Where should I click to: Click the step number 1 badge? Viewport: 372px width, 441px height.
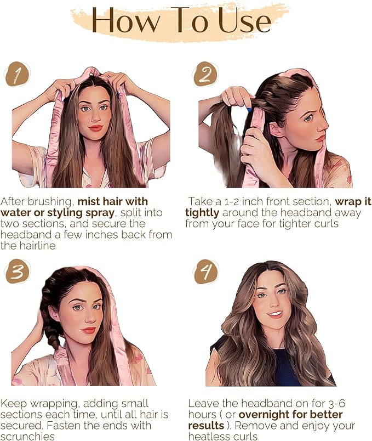[x=17, y=74]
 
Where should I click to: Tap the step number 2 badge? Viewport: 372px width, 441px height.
[x=206, y=74]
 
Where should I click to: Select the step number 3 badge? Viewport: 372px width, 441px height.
[x=17, y=272]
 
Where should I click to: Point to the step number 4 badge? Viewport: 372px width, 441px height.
[x=206, y=272]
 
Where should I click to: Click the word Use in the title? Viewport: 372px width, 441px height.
[x=245, y=20]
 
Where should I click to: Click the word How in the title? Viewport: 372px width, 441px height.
[x=125, y=20]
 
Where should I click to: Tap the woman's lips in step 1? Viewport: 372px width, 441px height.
[x=95, y=128]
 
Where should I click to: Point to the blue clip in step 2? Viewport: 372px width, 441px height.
[x=249, y=109]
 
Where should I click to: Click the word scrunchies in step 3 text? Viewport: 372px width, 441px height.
[x=27, y=437]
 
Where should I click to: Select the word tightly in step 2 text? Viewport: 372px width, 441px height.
[x=202, y=213]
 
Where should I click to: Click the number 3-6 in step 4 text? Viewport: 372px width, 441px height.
[x=336, y=403]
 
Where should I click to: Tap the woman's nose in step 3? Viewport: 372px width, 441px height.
[x=89, y=318]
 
